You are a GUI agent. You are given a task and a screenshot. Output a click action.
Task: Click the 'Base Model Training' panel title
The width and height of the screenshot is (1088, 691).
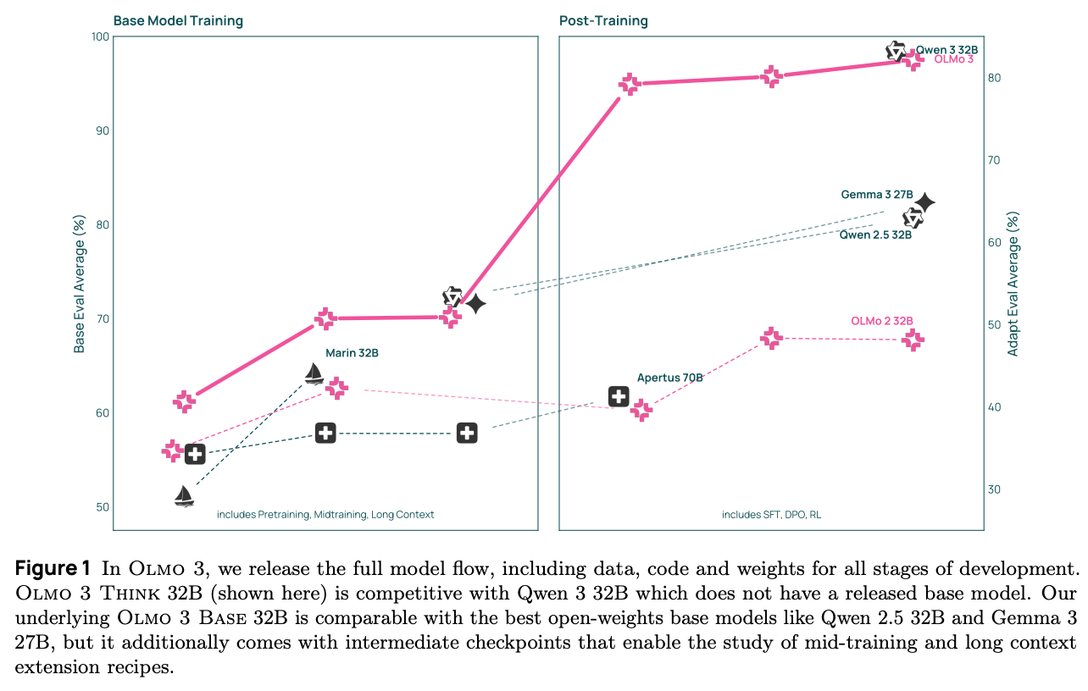(x=178, y=20)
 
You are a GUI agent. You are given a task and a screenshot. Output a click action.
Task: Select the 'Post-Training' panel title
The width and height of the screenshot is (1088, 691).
(x=603, y=20)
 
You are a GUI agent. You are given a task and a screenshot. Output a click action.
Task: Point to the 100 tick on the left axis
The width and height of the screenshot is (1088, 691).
(x=100, y=36)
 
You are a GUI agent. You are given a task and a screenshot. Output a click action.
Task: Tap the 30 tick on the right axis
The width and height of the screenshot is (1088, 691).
(x=995, y=489)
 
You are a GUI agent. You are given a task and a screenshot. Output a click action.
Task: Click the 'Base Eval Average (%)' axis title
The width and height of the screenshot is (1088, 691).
(x=80, y=284)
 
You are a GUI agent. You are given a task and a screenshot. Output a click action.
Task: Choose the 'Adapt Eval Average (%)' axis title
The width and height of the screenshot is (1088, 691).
(x=1013, y=284)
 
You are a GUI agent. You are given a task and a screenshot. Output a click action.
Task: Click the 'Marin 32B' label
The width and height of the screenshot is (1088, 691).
(x=352, y=353)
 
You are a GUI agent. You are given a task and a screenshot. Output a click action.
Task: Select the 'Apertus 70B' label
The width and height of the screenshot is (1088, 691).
(x=669, y=378)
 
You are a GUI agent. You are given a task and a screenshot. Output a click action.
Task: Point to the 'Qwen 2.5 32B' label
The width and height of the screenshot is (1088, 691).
(x=875, y=235)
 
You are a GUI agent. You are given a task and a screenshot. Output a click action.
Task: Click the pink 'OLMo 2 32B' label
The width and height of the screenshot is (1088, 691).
(x=881, y=321)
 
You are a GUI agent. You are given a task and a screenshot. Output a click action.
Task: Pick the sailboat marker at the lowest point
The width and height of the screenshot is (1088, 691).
(x=184, y=495)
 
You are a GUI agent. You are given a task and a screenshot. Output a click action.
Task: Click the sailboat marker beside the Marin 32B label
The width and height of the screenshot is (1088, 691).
(x=314, y=373)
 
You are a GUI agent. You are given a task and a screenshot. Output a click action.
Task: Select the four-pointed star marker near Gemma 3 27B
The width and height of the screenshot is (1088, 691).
(x=924, y=202)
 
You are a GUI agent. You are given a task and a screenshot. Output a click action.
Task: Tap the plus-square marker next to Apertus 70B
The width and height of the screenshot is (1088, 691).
(x=619, y=395)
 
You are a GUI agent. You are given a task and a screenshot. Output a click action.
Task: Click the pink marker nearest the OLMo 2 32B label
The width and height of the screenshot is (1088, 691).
(x=913, y=340)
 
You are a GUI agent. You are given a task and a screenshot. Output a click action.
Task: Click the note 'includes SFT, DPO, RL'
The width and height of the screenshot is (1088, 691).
(x=770, y=515)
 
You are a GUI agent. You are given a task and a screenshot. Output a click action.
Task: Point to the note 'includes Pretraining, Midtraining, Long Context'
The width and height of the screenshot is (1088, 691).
(x=325, y=515)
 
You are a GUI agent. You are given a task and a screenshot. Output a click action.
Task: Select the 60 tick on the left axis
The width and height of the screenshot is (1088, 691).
(x=102, y=413)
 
